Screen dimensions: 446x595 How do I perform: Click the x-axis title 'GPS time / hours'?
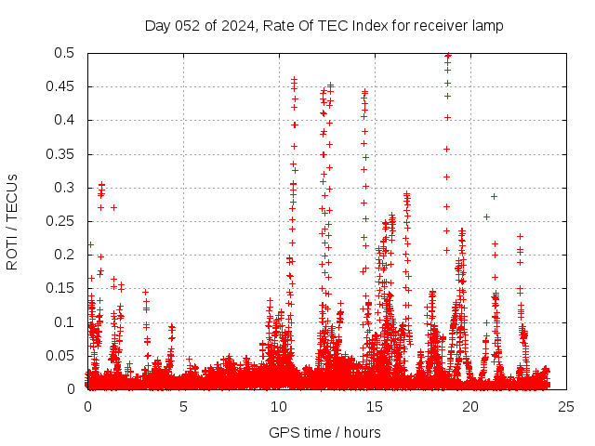[x=324, y=432]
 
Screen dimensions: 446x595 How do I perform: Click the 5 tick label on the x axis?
[x=184, y=407]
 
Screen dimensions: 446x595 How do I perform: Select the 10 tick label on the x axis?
[x=280, y=407]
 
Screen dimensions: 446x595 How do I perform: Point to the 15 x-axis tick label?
[x=376, y=407]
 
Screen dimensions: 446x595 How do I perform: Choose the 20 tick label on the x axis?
[x=471, y=407]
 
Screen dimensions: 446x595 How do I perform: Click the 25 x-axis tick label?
[x=567, y=407]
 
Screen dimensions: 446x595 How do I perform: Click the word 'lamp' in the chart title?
[x=486, y=25]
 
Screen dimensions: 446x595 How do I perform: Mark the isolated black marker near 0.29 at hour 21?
[x=495, y=196]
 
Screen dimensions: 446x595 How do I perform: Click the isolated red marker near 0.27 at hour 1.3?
[x=113, y=207]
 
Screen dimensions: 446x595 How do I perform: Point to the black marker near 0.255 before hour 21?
[x=486, y=216]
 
